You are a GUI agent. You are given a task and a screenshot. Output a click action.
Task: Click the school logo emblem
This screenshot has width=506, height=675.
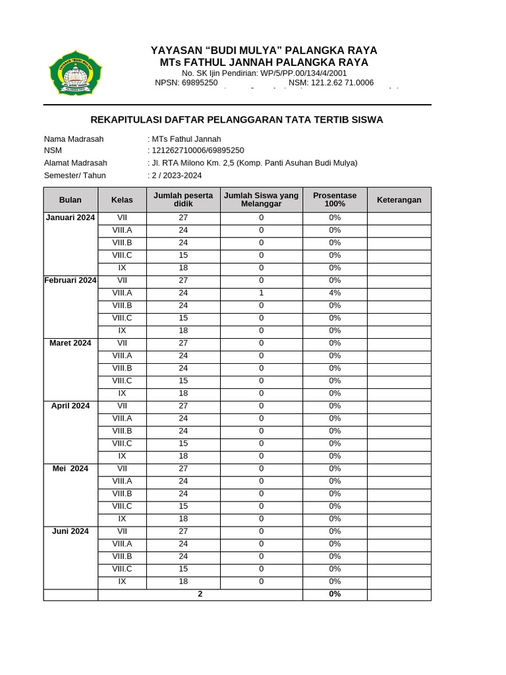[x=76, y=73]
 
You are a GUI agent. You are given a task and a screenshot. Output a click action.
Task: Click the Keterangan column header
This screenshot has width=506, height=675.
[x=399, y=200]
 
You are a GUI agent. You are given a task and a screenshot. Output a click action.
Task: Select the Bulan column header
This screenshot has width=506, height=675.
[x=70, y=200]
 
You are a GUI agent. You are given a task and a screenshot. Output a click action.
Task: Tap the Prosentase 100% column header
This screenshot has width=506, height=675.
[x=335, y=200]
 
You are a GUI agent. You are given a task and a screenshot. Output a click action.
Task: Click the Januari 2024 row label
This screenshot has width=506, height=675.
[x=70, y=218]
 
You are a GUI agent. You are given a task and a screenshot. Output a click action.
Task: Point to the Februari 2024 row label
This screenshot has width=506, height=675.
[x=70, y=280]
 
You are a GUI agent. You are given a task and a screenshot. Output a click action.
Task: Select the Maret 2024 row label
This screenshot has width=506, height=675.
[x=70, y=343]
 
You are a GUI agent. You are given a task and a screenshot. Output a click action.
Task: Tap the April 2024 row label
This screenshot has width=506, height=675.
[x=70, y=405]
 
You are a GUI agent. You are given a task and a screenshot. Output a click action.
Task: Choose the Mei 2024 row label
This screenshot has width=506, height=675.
[x=70, y=468]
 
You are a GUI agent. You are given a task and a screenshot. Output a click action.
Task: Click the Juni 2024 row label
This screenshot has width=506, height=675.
[x=70, y=531]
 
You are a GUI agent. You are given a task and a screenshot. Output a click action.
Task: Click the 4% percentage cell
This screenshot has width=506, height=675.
[x=335, y=293]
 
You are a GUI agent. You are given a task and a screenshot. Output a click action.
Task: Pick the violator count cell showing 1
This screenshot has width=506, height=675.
[x=261, y=293]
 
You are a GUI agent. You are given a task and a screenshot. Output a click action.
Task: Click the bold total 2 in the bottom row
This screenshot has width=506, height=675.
[x=200, y=594]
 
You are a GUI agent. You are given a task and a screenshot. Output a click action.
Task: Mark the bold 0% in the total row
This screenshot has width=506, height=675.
[x=335, y=594]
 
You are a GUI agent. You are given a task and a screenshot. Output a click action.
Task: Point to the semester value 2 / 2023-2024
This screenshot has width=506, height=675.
[x=177, y=175]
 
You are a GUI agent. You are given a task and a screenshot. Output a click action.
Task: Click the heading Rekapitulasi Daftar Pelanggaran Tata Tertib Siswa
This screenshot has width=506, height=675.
[x=236, y=119]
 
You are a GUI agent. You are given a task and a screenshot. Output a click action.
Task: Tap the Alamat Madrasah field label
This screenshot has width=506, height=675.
[x=75, y=163]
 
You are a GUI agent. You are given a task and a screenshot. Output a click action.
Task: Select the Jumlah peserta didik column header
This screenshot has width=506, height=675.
[x=183, y=200]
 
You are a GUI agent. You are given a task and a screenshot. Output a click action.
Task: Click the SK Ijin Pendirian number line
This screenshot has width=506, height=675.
[x=264, y=73]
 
